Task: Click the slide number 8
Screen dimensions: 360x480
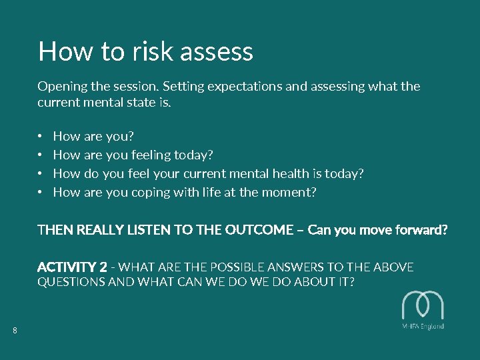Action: coord(15,331)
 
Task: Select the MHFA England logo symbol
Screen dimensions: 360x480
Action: coord(423,306)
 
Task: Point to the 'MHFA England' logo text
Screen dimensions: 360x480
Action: coord(423,327)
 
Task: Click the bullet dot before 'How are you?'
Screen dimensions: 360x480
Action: coord(40,137)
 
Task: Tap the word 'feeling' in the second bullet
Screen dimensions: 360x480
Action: coord(150,155)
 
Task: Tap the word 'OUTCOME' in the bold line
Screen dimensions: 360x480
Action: coord(259,230)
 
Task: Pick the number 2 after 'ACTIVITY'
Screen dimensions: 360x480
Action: coord(103,267)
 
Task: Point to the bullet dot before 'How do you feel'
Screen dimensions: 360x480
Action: coord(40,174)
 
